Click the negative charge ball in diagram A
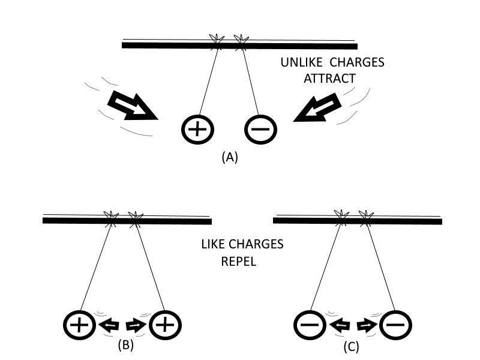pos(260,129)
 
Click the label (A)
pos(230,157)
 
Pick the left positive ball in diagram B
pos(79,326)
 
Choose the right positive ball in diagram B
pos(165,326)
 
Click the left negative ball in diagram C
pos(310,326)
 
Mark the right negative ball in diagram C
pos(396,326)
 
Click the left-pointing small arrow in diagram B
pos(109,326)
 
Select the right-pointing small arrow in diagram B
pos(136,326)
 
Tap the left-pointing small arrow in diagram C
pos(340,326)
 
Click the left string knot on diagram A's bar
pos(217,40)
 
